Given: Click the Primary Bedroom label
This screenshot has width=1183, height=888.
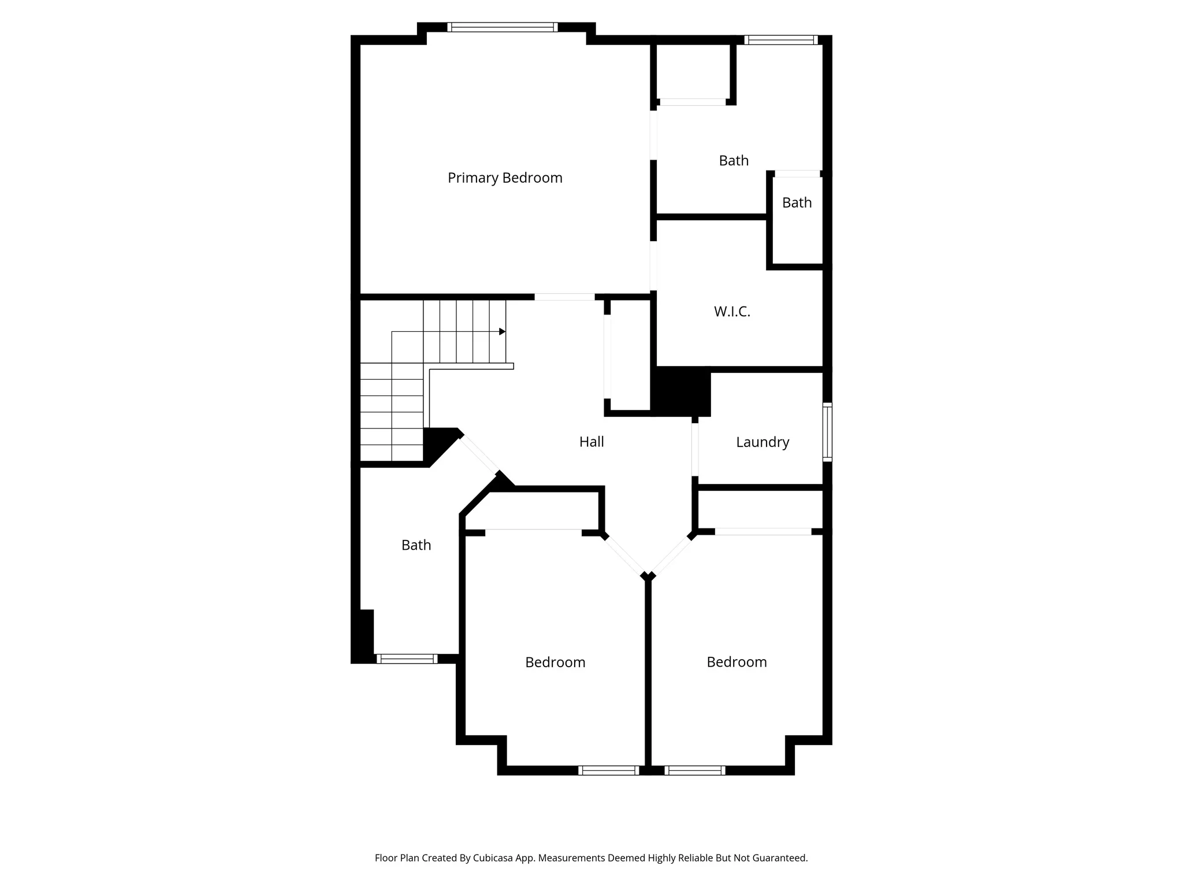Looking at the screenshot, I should point(505,177).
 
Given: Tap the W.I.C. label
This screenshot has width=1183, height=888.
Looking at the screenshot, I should point(732,312).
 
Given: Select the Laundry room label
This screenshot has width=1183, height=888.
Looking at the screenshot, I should point(762,442).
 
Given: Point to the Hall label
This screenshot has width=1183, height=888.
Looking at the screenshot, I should point(591,442).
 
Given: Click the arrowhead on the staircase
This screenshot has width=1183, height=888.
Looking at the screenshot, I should point(503,332).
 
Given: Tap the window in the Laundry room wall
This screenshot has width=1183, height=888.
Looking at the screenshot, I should point(827,432).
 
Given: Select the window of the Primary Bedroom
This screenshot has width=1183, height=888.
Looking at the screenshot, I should point(502,27).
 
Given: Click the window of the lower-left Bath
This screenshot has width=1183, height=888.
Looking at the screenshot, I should point(407,658).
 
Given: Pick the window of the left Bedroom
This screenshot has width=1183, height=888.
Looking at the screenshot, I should point(608,770).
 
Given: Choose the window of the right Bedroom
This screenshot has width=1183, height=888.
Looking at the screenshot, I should point(695,770).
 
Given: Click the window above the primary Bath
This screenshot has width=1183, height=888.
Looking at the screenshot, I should point(781,40).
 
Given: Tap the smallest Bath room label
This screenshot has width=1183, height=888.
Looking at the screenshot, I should point(797,203).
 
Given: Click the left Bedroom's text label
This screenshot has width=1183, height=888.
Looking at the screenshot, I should point(555,662).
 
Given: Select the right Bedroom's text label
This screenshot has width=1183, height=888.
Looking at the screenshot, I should point(736,662).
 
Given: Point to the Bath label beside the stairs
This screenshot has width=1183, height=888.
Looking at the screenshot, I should point(416,545).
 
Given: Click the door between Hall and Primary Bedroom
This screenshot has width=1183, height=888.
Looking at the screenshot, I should point(564,297).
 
